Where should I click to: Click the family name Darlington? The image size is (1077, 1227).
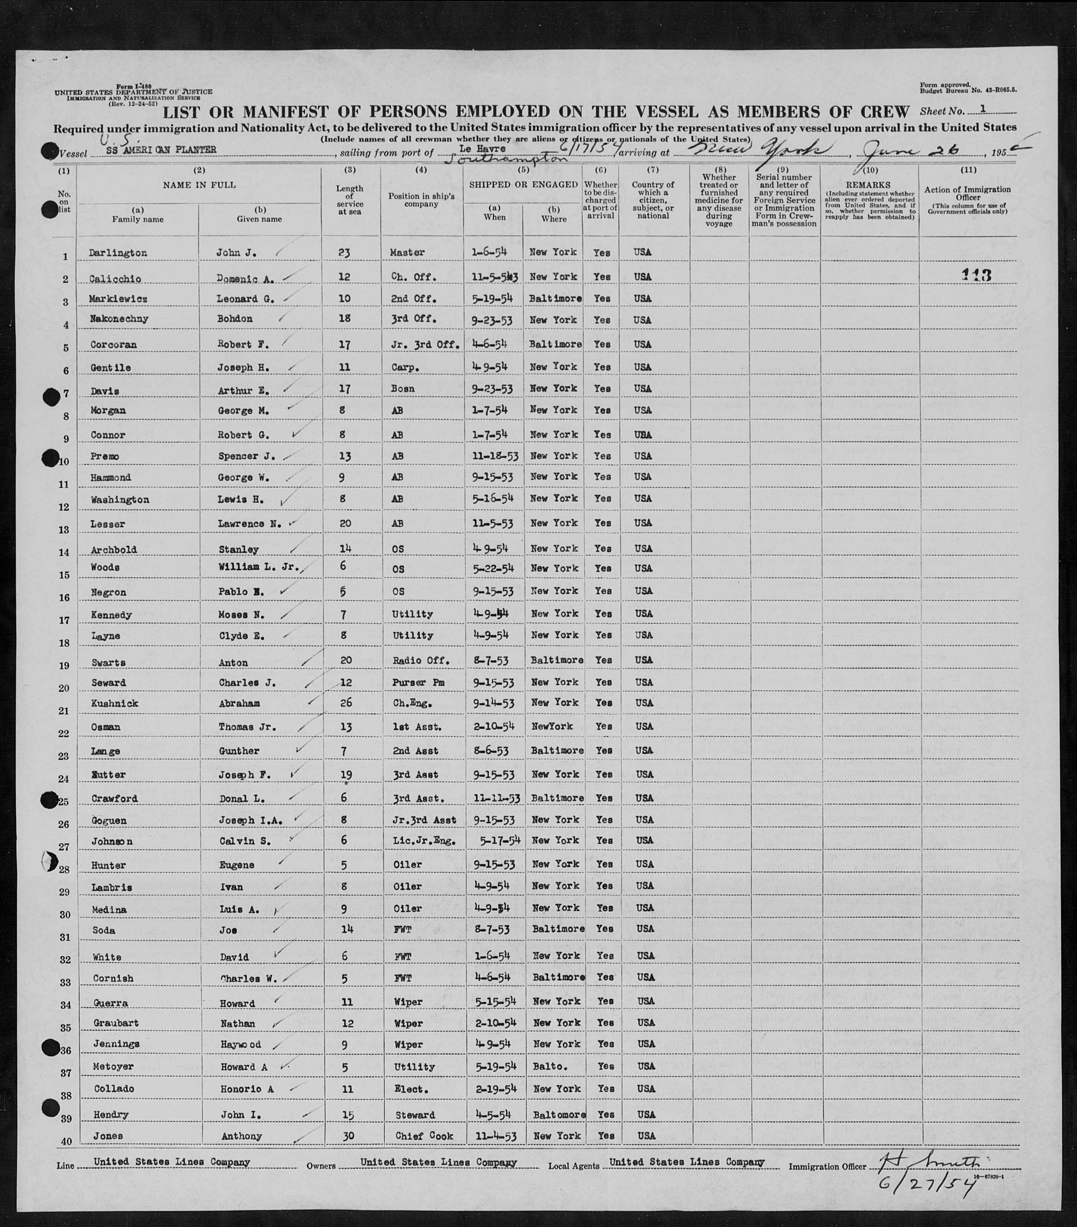(x=117, y=253)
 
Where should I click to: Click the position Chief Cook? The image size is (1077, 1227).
(x=424, y=1136)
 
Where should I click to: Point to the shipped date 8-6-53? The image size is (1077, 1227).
(x=491, y=751)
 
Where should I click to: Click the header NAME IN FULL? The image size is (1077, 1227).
(x=199, y=185)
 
